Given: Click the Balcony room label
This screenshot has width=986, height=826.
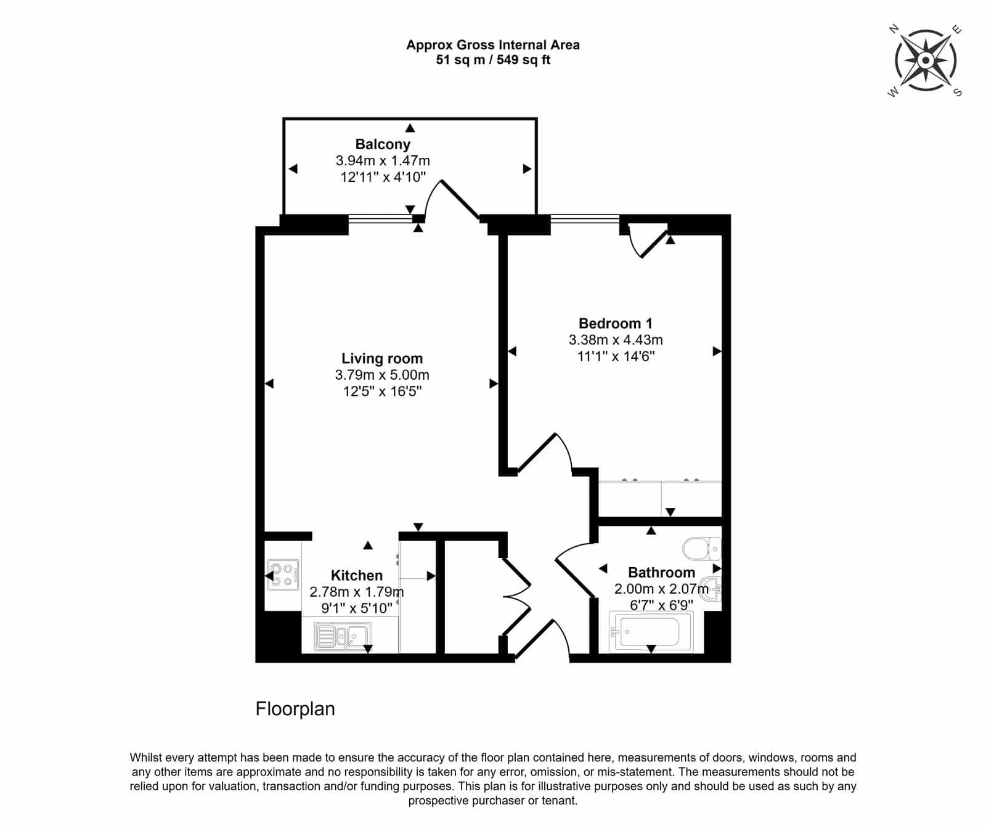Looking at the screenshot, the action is click(x=383, y=144).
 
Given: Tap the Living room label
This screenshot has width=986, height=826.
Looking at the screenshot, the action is click(x=382, y=359).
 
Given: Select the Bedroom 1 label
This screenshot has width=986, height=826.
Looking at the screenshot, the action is click(x=615, y=324).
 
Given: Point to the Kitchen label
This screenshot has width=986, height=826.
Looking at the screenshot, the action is click(x=357, y=576).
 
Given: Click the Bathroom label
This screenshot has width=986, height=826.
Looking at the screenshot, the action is click(x=661, y=573).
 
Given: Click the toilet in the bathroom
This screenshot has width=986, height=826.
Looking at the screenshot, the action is click(x=701, y=548).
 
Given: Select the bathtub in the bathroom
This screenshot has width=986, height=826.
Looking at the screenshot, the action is click(x=651, y=631).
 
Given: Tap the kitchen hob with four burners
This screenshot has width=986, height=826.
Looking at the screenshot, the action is click(x=283, y=575).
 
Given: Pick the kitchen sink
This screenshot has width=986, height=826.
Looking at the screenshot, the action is click(x=342, y=636).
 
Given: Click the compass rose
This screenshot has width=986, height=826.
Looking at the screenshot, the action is click(x=926, y=60).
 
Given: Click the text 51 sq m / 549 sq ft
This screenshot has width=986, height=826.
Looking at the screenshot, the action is click(x=493, y=60).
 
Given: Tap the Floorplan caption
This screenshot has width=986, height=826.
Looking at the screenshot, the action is click(x=295, y=709).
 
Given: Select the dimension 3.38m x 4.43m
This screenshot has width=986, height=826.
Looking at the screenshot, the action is click(x=616, y=340).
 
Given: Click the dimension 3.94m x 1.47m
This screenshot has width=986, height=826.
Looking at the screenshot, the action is click(x=383, y=161).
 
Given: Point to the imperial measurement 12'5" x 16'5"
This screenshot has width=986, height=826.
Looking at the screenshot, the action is click(x=382, y=391).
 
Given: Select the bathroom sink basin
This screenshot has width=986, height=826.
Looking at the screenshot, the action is click(x=714, y=589).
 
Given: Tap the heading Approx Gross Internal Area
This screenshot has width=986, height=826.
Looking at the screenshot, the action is click(x=493, y=45).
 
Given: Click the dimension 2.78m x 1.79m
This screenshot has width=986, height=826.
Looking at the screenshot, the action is click(x=357, y=592).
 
